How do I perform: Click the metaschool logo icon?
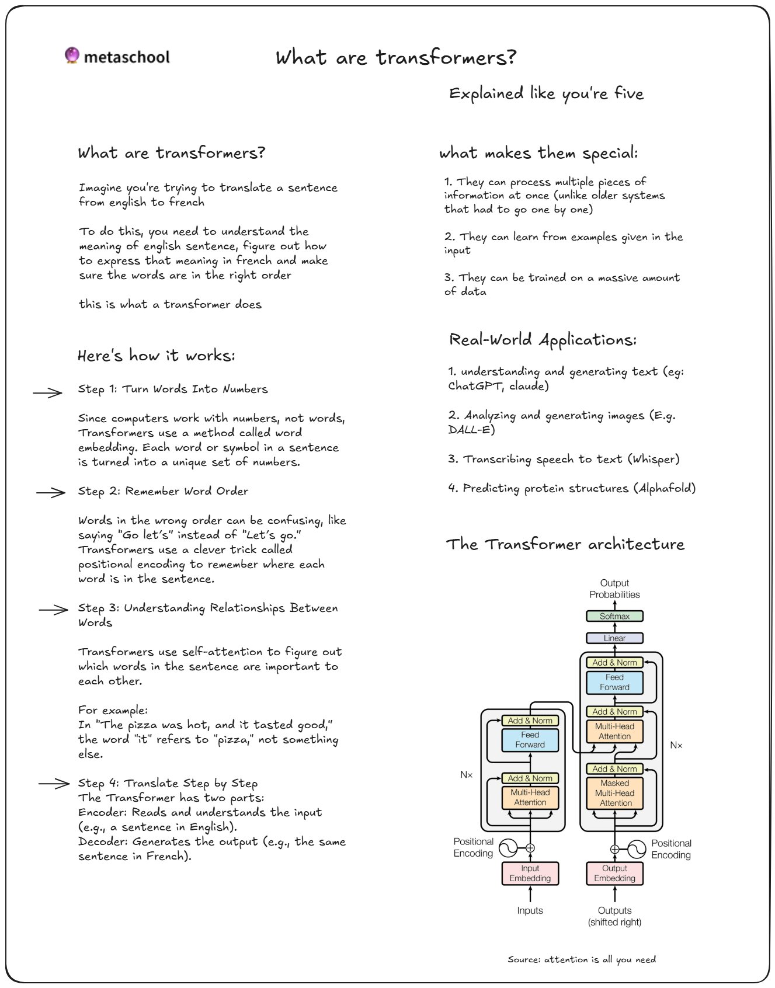pyautogui.click(x=72, y=55)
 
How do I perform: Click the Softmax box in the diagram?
pyautogui.click(x=614, y=616)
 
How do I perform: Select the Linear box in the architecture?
pyautogui.click(x=614, y=638)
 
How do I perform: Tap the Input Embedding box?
pyautogui.click(x=530, y=874)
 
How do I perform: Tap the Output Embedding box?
pyautogui.click(x=614, y=874)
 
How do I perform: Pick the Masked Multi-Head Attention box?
pyautogui.click(x=614, y=793)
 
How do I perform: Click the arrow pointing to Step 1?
pyautogui.click(x=48, y=393)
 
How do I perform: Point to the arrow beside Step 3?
pyautogui.click(x=53, y=610)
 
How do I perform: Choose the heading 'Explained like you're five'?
pyautogui.click(x=546, y=94)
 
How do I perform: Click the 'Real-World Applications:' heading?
pyautogui.click(x=543, y=340)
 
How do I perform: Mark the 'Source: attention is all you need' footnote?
pyautogui.click(x=582, y=959)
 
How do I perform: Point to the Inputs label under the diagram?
pyautogui.click(x=530, y=910)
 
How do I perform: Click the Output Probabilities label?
pyautogui.click(x=614, y=589)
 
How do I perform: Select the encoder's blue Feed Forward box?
pyautogui.click(x=530, y=740)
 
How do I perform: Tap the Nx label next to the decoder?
pyautogui.click(x=676, y=745)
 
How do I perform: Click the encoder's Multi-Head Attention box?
pyautogui.click(x=530, y=798)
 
